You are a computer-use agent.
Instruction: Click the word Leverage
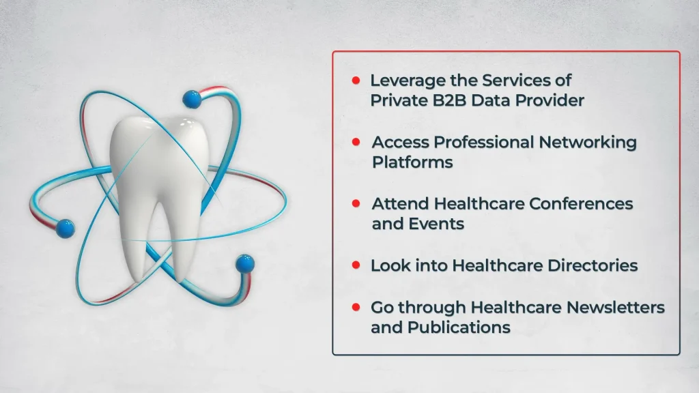click(x=408, y=81)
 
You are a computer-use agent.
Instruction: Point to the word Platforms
click(x=412, y=162)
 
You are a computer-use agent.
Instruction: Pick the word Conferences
click(x=581, y=203)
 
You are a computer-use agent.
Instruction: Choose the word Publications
click(x=459, y=327)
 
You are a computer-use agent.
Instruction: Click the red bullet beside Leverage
click(x=356, y=81)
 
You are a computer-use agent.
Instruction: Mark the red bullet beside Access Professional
click(x=356, y=142)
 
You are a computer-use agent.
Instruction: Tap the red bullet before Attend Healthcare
click(x=356, y=203)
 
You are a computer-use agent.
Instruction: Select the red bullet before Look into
click(x=356, y=265)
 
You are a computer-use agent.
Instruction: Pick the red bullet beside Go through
click(x=356, y=307)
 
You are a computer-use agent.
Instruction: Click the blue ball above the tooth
click(x=192, y=99)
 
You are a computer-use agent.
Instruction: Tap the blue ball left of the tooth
click(x=66, y=228)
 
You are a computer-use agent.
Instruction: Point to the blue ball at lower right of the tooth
click(x=245, y=264)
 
